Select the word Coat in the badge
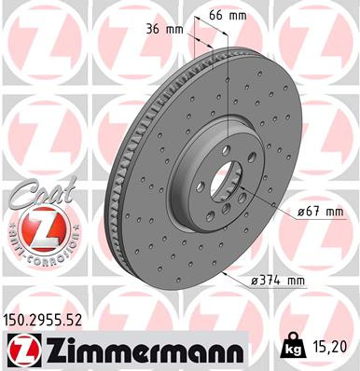[x=30, y=199]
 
